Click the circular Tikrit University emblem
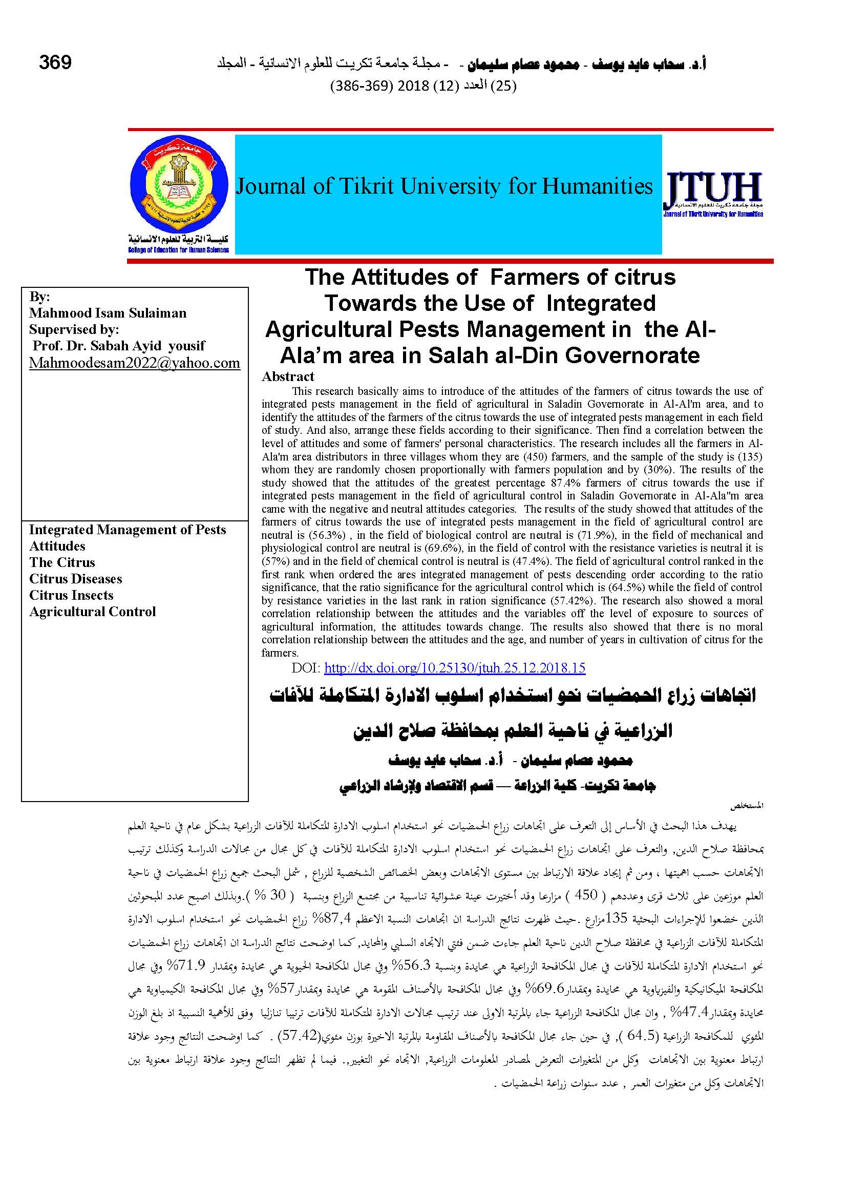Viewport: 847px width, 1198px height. point(178,186)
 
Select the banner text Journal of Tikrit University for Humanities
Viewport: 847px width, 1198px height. point(444,186)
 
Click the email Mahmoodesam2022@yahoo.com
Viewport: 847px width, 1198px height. point(135,363)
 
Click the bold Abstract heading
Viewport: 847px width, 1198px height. point(288,376)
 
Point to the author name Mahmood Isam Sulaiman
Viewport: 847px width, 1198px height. point(108,312)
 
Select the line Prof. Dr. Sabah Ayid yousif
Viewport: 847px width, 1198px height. point(118,345)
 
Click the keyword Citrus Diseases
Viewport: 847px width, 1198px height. point(76,579)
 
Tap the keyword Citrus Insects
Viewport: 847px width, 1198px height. point(71,595)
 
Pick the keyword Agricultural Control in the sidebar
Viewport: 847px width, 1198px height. point(92,612)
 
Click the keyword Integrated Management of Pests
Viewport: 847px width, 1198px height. point(128,530)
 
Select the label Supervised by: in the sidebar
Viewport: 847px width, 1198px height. point(74,329)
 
